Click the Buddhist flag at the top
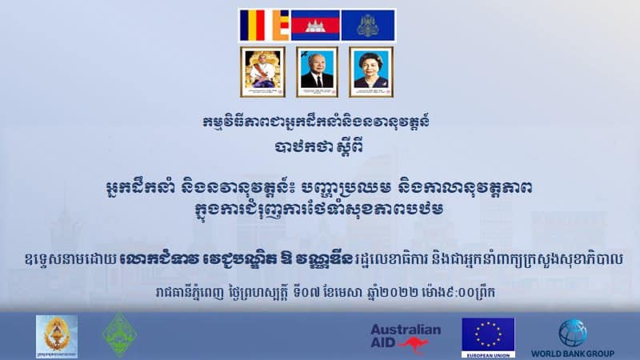[265, 26]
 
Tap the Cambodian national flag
[315, 26]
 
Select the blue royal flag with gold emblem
[368, 26]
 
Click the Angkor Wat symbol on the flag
[315, 26]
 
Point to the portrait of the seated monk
[262, 72]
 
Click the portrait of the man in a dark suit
[317, 72]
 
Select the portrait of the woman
[371, 72]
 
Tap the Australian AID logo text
[406, 335]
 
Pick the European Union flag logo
[488, 338]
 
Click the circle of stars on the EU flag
[488, 334]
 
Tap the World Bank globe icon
[573, 333]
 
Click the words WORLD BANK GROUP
[572, 354]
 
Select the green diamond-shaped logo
[119, 335]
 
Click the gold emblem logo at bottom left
[57, 336]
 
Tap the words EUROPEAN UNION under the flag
[488, 355]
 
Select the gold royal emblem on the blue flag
[368, 26]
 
